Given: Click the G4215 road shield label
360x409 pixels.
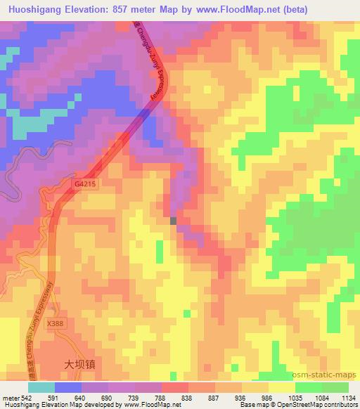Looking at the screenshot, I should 83,184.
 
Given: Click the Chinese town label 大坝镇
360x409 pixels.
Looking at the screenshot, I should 79,365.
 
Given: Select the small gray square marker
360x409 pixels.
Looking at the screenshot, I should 174,221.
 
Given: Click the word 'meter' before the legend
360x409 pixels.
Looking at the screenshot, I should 10,397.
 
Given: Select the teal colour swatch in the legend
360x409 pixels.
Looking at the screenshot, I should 41,387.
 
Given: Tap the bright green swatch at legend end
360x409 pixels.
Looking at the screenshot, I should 335,387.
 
